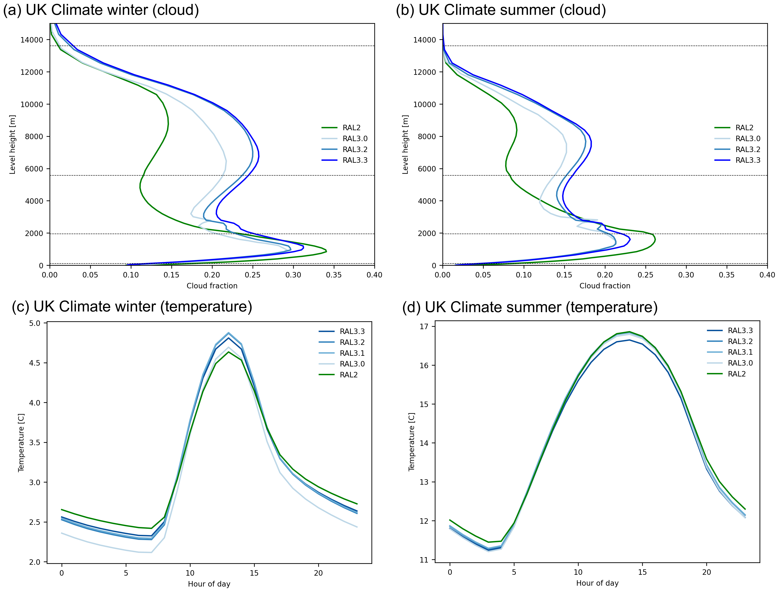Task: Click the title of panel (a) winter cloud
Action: point(101,10)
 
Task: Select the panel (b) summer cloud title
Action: point(501,10)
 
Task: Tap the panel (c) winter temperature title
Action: point(132,306)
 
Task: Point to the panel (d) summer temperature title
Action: point(530,307)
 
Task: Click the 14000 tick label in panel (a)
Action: point(32,40)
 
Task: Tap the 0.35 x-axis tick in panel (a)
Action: point(334,275)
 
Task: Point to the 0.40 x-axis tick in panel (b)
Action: point(767,275)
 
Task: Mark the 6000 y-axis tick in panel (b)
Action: point(427,169)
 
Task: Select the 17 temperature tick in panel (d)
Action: point(423,327)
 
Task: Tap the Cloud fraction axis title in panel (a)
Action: point(212,286)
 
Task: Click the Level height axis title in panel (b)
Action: point(405,144)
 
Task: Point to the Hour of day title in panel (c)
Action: point(209,584)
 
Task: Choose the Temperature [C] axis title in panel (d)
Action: point(411,442)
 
